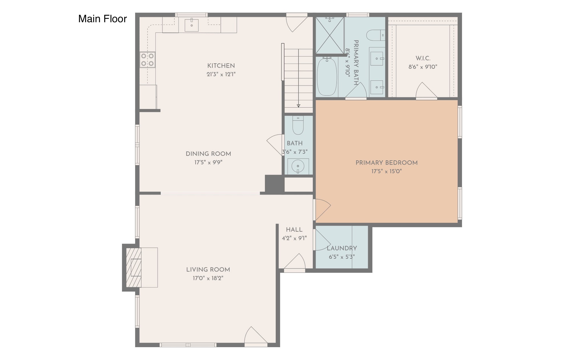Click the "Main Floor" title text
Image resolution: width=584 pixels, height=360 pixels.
tap(102, 19)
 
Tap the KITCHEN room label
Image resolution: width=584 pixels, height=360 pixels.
tap(221, 66)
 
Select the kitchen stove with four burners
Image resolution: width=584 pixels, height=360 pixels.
tap(147, 60)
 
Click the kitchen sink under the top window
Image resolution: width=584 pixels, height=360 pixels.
tap(192, 25)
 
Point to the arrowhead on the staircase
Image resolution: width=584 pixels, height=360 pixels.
tap(299, 106)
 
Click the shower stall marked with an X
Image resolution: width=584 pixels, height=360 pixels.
tap(330, 35)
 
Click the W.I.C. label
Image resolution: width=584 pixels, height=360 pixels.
tap(423, 58)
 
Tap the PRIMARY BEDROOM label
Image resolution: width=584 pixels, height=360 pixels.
tap(386, 163)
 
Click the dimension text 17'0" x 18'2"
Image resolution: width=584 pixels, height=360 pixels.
tap(208, 278)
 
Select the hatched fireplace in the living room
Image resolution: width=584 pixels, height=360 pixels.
tap(134, 267)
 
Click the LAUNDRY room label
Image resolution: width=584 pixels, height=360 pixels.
tap(342, 248)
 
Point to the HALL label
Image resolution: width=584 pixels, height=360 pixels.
tap(294, 230)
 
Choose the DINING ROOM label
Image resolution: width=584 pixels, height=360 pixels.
tap(208, 154)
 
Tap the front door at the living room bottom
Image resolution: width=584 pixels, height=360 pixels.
tap(256, 336)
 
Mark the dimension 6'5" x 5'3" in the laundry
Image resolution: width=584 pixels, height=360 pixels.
tap(342, 257)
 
